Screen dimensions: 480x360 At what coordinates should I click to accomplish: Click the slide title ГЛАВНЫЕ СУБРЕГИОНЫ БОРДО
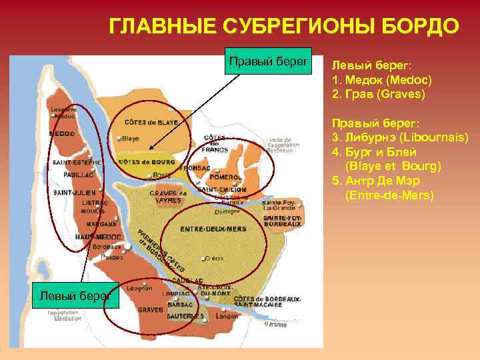pos(284,27)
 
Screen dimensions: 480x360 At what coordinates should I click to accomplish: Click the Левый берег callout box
pos(75,294)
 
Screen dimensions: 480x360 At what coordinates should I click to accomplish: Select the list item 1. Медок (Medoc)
pos(382,80)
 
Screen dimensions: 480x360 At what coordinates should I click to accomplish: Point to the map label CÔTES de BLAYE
pos(151,123)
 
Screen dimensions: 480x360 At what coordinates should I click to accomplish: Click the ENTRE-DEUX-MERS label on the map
pos(213,229)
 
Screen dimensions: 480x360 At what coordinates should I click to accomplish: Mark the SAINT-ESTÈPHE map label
pos(77,161)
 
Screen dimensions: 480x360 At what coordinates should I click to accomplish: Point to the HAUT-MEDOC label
pos(98,237)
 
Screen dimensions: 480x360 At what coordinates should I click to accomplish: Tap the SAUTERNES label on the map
pos(185,315)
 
